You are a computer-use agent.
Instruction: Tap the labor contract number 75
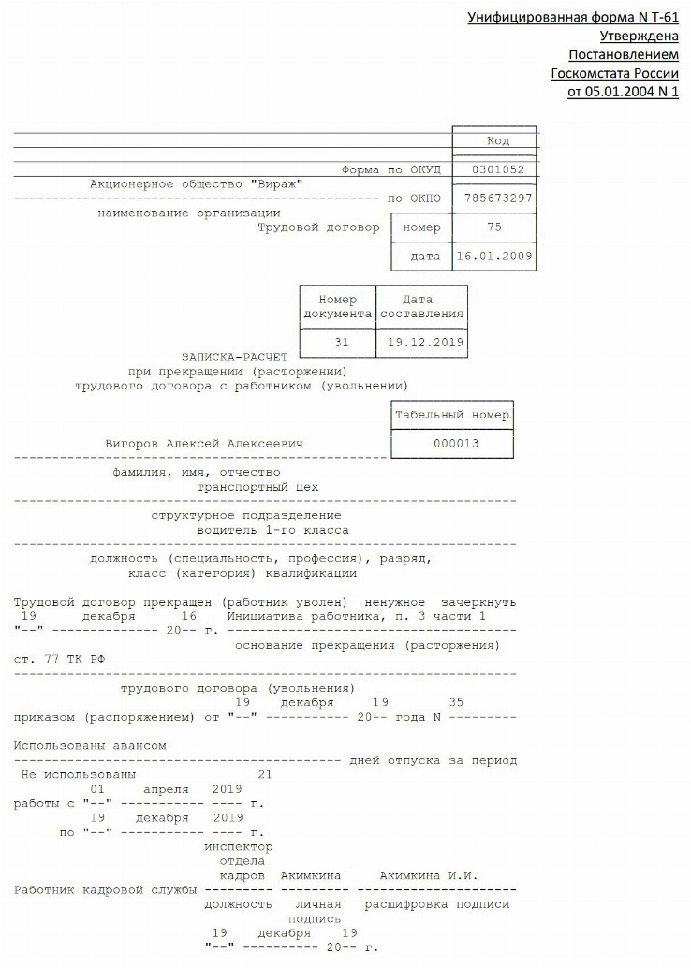(x=494, y=227)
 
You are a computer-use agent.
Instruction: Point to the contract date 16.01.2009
(x=494, y=256)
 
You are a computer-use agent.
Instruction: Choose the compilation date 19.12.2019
(x=421, y=343)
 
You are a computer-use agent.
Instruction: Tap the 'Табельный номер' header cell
(x=452, y=415)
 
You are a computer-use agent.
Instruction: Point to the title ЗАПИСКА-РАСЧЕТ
(x=235, y=357)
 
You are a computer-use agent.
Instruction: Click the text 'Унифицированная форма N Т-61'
(x=572, y=18)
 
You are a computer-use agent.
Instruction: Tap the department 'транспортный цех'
(x=257, y=487)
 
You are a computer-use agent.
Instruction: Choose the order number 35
(x=456, y=702)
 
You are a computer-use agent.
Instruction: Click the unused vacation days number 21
(x=265, y=774)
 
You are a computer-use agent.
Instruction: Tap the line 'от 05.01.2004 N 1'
(x=623, y=92)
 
